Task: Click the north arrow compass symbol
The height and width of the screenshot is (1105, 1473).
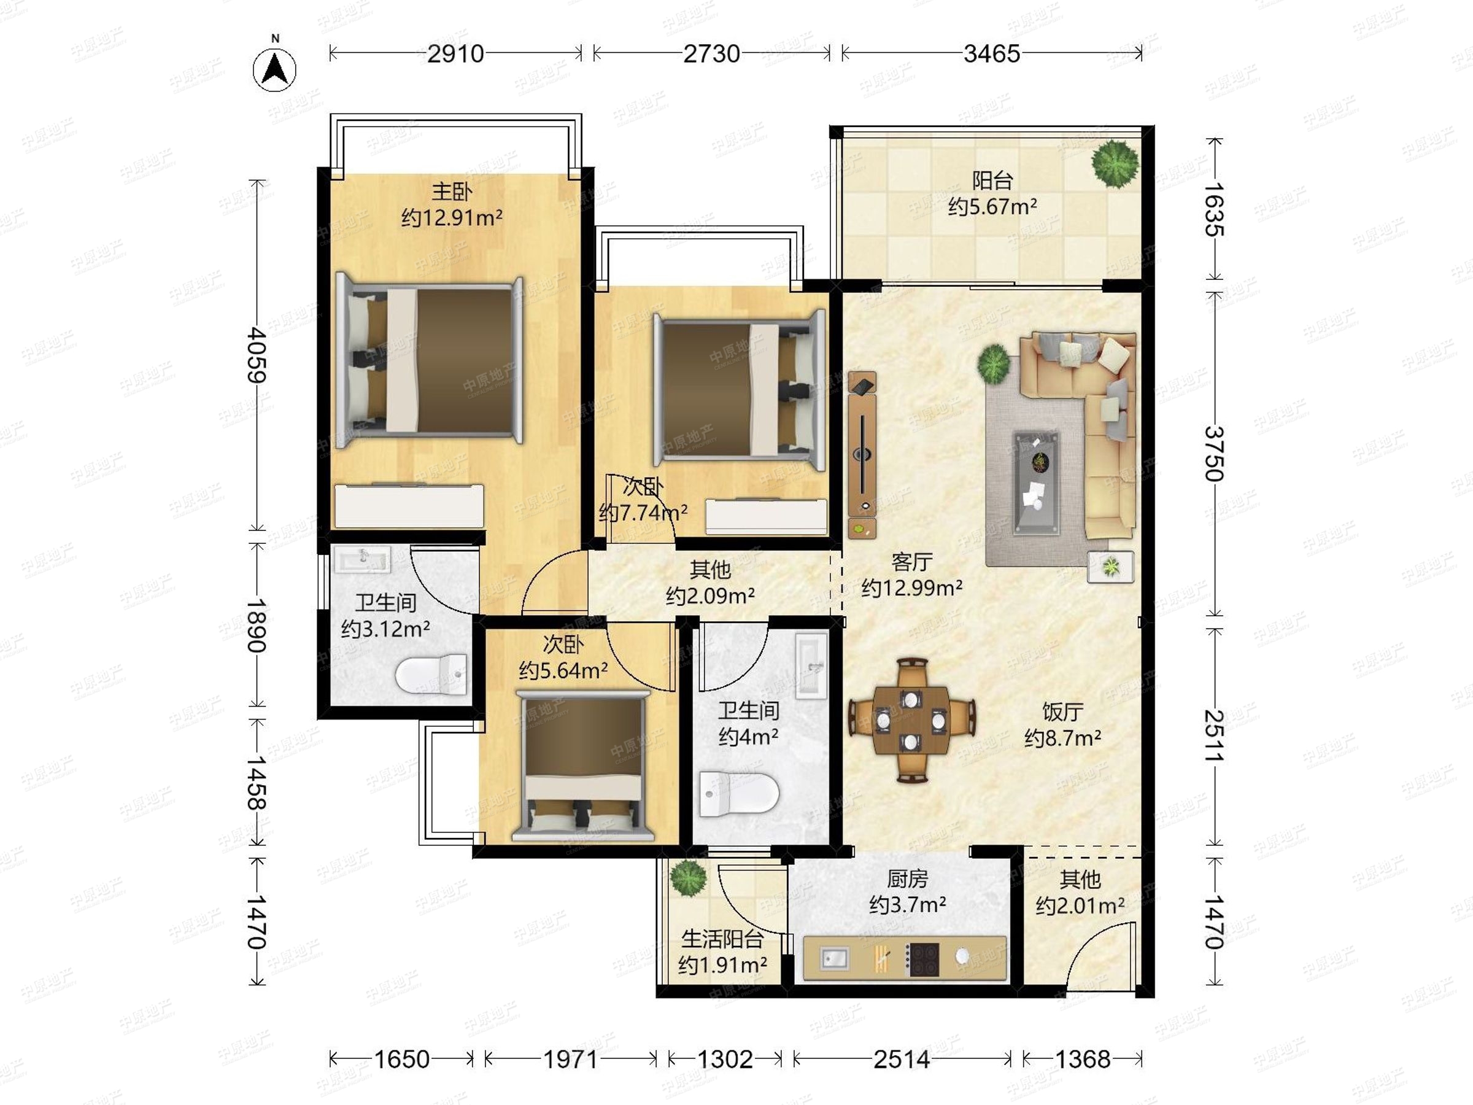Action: point(274,69)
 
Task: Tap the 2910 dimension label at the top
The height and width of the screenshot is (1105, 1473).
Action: point(455,53)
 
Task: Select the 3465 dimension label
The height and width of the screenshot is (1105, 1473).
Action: point(992,53)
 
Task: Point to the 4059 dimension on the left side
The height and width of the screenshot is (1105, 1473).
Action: point(257,355)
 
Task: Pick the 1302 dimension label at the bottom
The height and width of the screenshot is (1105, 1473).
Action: point(724,1059)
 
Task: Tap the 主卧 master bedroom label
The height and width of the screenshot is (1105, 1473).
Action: point(452,192)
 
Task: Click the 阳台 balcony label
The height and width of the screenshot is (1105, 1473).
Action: point(992,180)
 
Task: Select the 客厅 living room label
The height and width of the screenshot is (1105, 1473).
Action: point(911,562)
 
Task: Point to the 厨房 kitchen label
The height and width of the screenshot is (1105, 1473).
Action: point(908,879)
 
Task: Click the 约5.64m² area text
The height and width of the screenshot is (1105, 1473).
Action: point(563,670)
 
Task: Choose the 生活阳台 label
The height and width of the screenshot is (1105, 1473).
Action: point(722,939)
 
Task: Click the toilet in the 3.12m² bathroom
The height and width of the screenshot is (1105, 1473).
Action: point(431,675)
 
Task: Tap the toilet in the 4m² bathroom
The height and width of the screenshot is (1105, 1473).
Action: point(739,794)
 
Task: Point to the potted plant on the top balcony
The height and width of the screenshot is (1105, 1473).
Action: point(1114,163)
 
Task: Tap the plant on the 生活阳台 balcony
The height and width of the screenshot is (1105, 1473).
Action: point(688,877)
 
